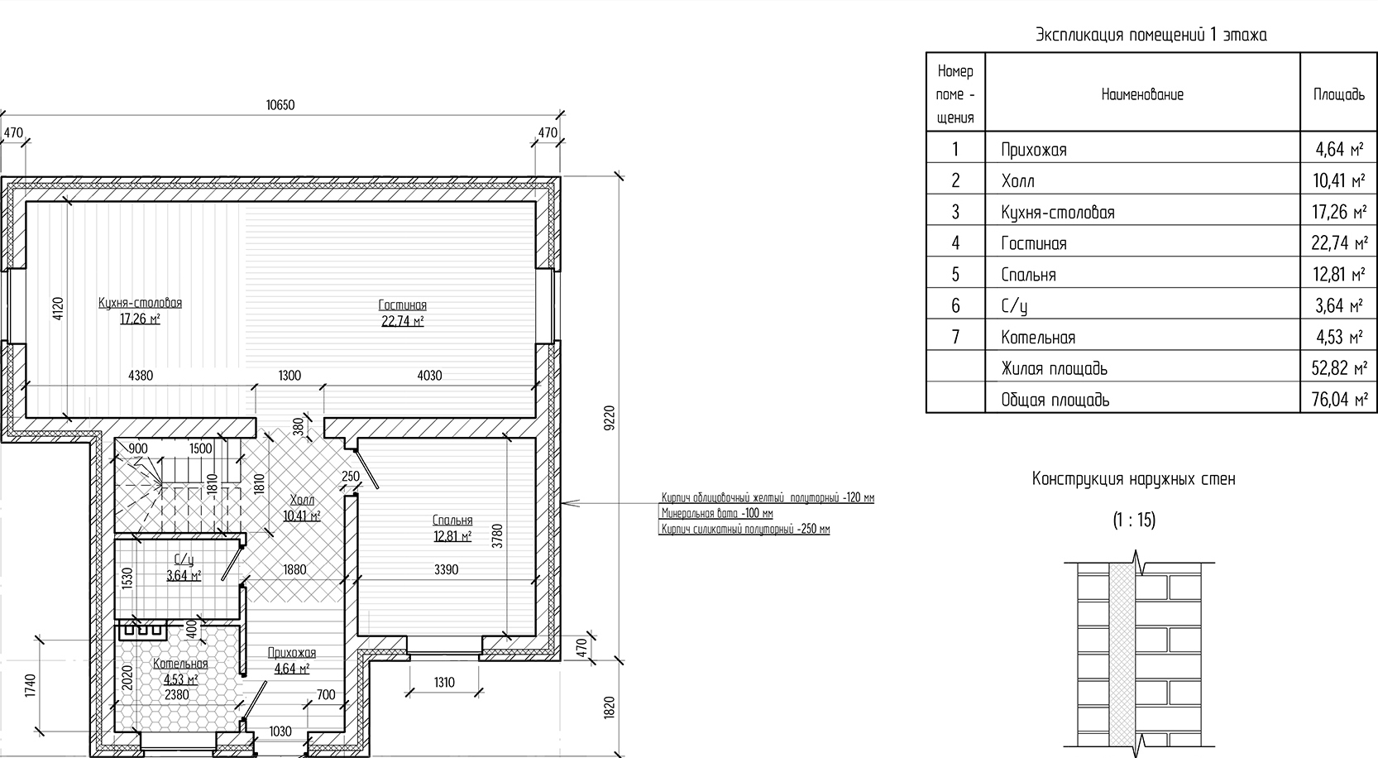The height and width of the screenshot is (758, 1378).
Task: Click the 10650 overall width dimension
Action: coord(280,105)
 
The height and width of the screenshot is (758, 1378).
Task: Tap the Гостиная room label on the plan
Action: coord(402,305)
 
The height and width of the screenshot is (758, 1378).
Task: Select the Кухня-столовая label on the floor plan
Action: coord(141,303)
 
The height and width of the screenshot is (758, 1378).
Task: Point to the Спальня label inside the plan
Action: coord(452,521)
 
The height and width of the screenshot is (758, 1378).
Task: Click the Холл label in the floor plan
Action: coord(302,500)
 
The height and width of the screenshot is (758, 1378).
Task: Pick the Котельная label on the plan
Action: coord(180,664)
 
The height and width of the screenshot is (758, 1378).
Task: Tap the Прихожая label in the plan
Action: coord(292,653)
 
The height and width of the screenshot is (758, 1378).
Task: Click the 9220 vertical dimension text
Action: coord(609,418)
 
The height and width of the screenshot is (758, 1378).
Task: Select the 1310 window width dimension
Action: coord(444,683)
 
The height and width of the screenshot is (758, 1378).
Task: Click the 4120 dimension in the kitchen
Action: coord(58,308)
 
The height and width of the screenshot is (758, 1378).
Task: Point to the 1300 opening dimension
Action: coord(289,376)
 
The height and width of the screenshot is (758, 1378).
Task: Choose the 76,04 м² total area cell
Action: coord(1339,400)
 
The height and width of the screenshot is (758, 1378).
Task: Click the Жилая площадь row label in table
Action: coord(1055,368)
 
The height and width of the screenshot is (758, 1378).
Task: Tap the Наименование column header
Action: coord(1142,94)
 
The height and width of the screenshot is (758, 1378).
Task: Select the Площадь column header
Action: coord(1339,94)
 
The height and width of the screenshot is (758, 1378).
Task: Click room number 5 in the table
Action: coord(955,275)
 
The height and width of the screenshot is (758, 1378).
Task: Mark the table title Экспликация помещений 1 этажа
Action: coord(1151,35)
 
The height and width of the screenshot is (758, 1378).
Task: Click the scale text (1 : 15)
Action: coord(1134,521)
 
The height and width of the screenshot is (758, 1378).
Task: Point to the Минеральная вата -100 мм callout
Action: coord(717,513)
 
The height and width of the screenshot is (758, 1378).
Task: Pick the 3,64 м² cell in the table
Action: coord(1339,306)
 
